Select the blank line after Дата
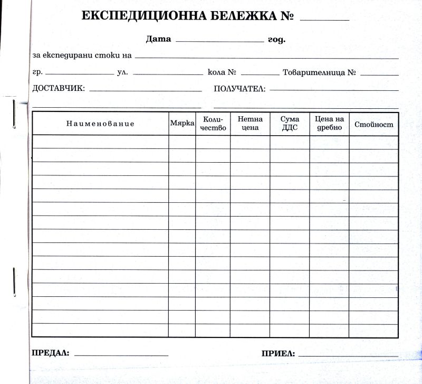click(219, 41)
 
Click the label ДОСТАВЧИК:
click(59, 88)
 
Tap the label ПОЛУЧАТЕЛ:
click(239, 89)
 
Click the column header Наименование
click(100, 124)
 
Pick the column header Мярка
click(182, 123)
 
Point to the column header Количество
click(213, 124)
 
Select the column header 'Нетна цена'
click(250, 124)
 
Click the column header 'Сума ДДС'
click(290, 124)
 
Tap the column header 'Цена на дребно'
click(329, 124)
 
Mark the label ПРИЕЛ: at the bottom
click(278, 353)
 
